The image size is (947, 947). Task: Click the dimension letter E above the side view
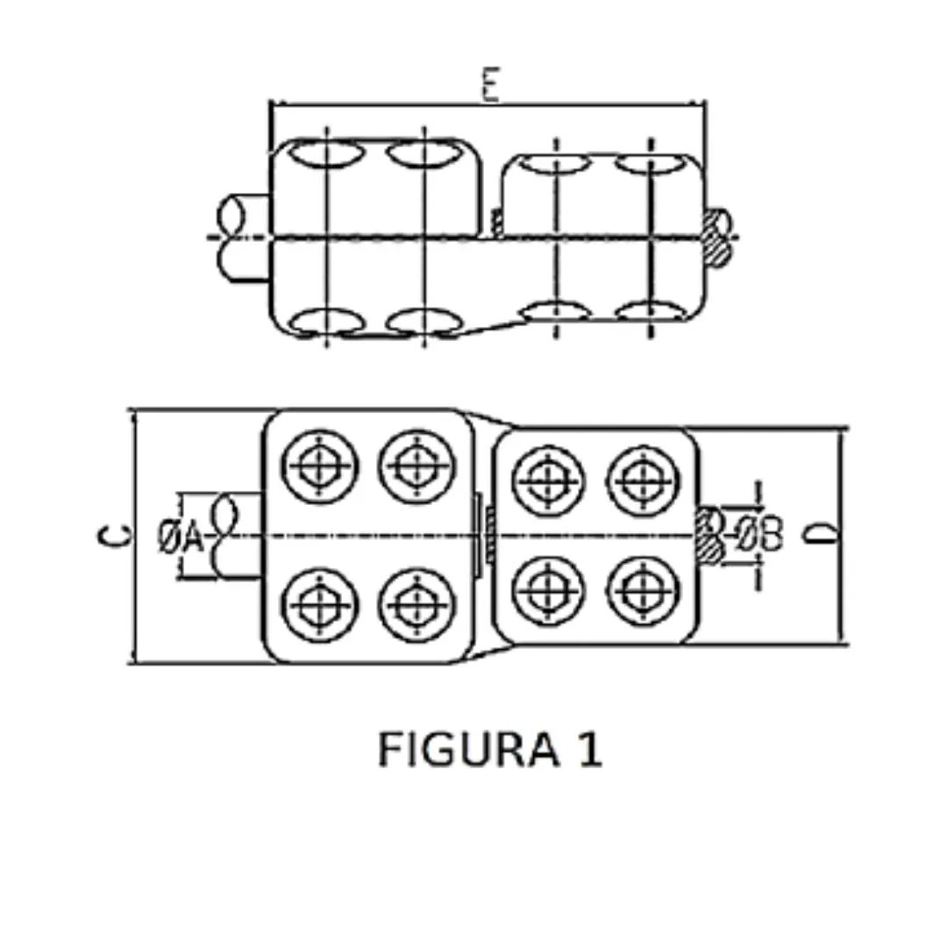pos(489,86)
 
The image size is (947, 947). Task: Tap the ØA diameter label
pos(180,537)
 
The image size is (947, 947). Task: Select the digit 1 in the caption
pos(590,751)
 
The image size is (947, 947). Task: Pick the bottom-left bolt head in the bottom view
pos(321,605)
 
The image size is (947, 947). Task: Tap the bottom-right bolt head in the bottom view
pos(644,590)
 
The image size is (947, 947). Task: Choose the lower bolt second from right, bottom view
pos(549,590)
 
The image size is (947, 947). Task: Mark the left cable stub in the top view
pos(242,237)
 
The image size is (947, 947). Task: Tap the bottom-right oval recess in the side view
pos(648,313)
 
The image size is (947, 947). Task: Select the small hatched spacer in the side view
pos(497,224)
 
